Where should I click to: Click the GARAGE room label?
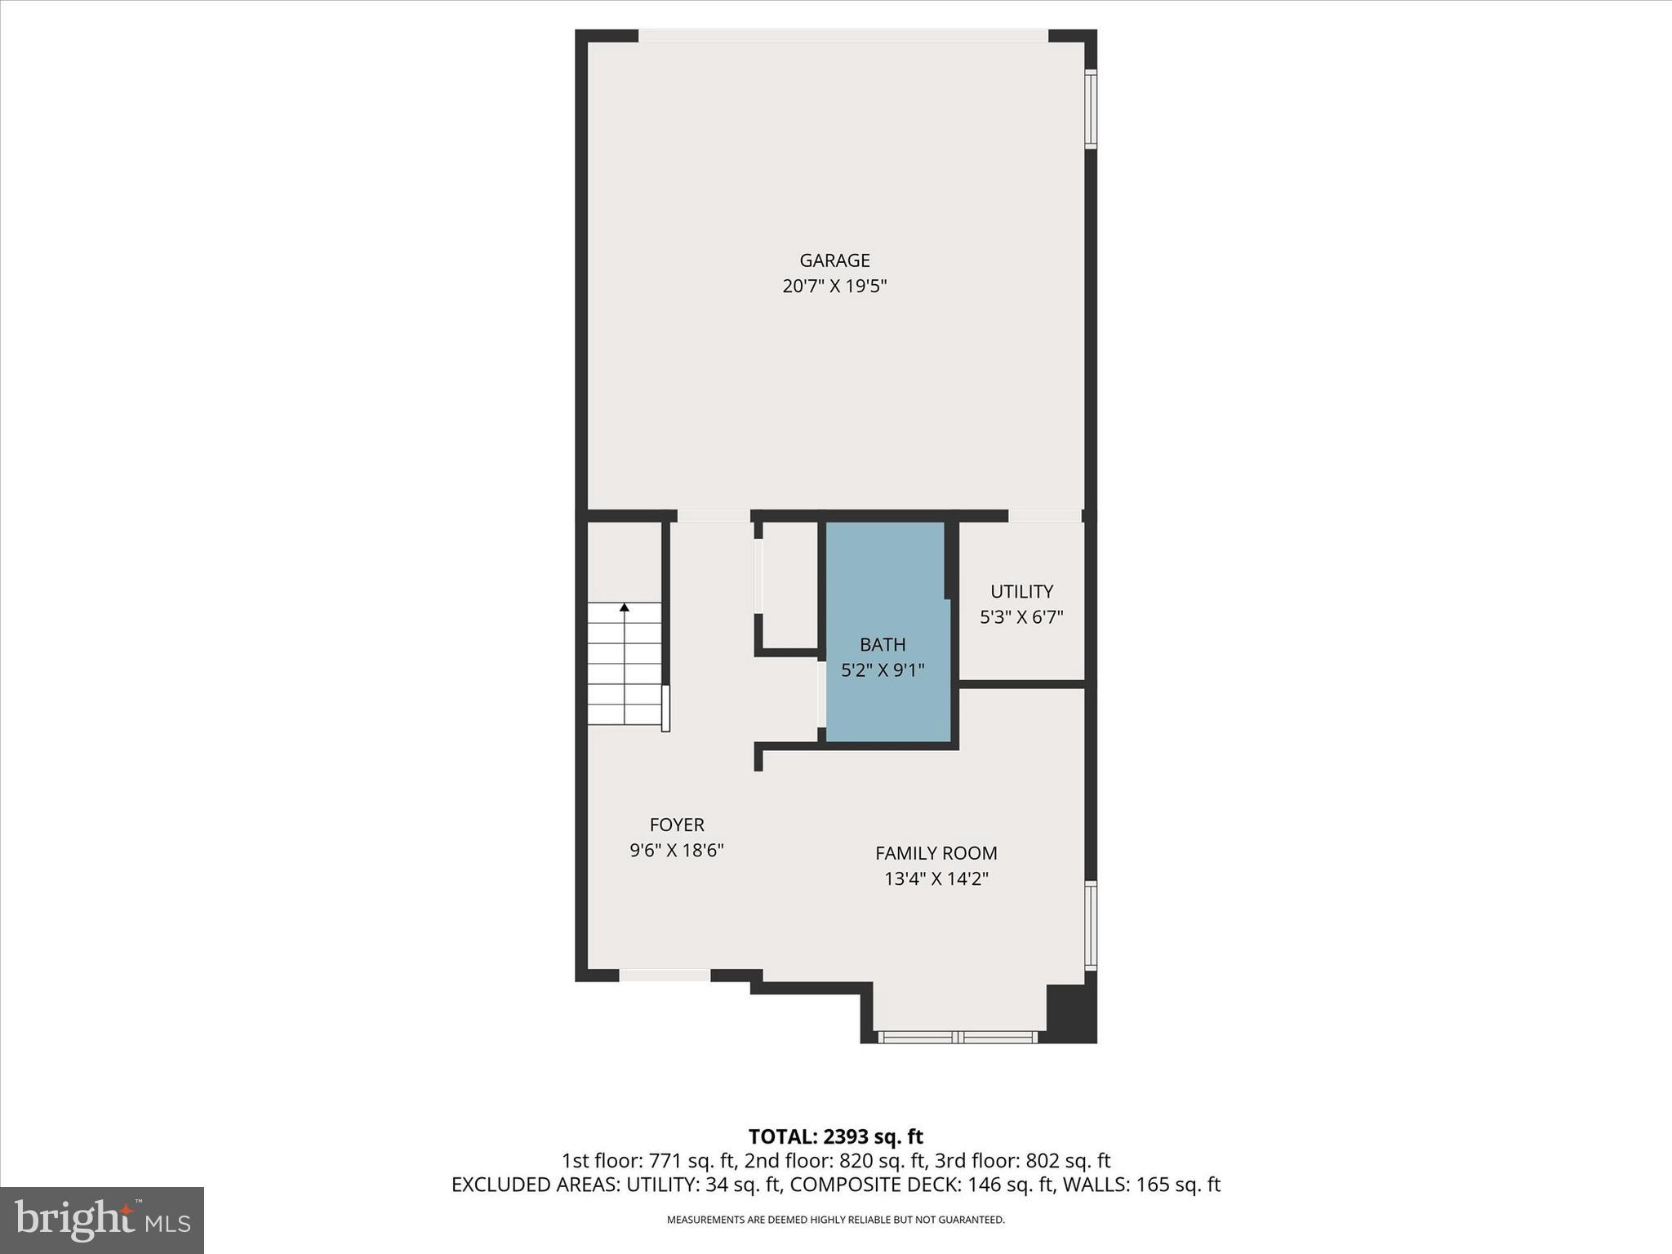834,260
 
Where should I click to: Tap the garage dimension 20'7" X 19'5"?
834,287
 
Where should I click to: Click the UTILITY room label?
1021,591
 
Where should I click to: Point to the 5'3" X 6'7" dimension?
1021,617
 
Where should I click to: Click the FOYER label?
677,825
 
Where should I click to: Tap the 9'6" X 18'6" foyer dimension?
677,851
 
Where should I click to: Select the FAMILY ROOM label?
936,853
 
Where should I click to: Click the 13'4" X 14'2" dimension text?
936,879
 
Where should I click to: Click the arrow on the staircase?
625,608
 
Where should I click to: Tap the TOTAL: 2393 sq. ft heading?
835,1136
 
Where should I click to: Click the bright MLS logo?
102,1221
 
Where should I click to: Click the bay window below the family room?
958,1037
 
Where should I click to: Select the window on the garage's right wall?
1091,109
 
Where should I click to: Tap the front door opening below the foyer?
665,975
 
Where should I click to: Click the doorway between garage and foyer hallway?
714,516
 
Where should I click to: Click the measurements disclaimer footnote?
835,1220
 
